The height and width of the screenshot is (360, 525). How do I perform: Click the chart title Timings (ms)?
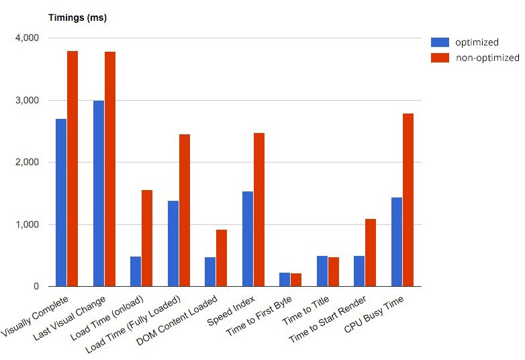pos(77,18)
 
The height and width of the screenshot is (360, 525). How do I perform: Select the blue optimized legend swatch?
pos(439,42)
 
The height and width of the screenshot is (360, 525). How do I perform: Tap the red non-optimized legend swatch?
pos(439,58)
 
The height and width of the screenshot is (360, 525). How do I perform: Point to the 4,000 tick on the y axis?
pos(26,38)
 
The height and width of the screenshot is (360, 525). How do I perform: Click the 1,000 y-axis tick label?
pos(26,224)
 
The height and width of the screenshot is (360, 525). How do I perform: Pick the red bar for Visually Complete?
pos(73,169)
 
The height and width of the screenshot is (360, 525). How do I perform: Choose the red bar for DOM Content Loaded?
pos(222,258)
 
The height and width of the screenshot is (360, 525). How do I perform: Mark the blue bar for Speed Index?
pos(248,238)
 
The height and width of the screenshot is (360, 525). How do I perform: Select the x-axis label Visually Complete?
pos(38,314)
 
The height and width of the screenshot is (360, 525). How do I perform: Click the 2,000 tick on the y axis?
pos(26,163)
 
